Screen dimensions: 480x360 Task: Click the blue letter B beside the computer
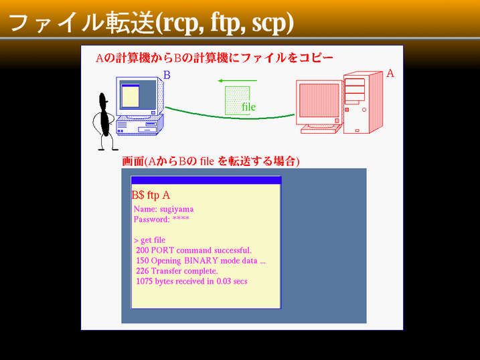[167, 75]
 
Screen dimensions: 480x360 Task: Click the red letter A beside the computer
[390, 73]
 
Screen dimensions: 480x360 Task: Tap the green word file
[248, 107]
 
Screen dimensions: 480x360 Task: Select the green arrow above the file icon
[237, 81]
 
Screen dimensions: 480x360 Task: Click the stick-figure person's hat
[104, 98]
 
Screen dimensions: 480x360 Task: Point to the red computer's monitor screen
[319, 100]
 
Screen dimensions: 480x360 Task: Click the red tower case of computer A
[363, 102]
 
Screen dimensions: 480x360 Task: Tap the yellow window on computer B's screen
[131, 96]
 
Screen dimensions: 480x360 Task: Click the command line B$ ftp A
[151, 195]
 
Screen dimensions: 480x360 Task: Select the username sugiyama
[177, 209]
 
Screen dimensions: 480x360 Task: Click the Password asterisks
[181, 219]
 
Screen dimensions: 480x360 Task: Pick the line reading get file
[150, 240]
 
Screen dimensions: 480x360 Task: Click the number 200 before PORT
[143, 250]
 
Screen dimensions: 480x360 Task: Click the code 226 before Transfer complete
[143, 271]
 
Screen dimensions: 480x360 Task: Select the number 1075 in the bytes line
[144, 281]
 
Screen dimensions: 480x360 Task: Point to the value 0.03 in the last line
[224, 281]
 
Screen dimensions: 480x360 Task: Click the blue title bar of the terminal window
[206, 180]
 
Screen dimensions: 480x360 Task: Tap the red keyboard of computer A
[321, 130]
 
